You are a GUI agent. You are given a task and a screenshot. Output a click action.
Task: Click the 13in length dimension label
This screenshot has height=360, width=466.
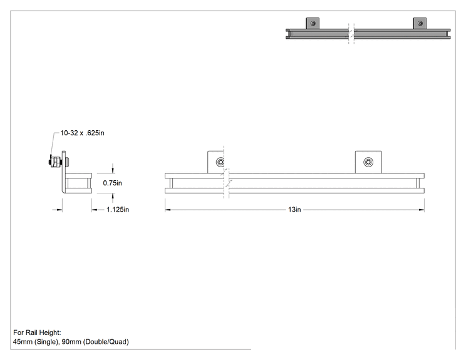tap(294, 210)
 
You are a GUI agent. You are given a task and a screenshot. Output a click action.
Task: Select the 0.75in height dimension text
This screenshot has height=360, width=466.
tap(112, 183)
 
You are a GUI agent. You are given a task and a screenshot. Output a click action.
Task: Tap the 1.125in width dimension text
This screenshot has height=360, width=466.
tap(118, 210)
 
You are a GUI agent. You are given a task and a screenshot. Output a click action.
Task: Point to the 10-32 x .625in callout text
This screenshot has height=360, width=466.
tap(82, 133)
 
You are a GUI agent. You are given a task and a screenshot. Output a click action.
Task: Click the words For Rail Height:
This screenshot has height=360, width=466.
tap(37, 332)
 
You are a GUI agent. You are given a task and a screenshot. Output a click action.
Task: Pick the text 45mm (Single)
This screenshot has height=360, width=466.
tap(36, 342)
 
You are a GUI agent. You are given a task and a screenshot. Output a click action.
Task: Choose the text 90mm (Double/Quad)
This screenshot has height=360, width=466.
tap(95, 342)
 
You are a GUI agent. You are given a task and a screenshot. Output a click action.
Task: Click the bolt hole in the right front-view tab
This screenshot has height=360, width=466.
tap(368, 162)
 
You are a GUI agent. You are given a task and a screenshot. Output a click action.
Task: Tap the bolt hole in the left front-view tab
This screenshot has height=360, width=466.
tap(220, 162)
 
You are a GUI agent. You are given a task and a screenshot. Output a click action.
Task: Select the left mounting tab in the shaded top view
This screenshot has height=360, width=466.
tap(313, 23)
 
